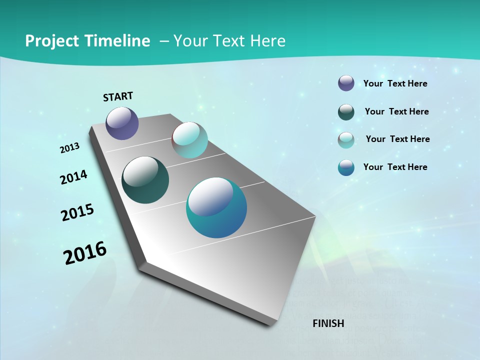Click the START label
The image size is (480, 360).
coord(118,96)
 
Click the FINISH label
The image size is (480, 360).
coord(328,323)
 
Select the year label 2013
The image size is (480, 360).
coord(69,148)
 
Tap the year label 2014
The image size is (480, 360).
coord(73,177)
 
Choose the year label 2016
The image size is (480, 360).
coord(85,253)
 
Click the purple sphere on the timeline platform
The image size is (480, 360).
coord(122,123)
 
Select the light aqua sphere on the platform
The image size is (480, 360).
coord(189,140)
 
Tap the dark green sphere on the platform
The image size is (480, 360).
coord(145,180)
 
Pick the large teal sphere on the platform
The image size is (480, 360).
coord(216,207)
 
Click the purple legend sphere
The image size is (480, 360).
coord(346,83)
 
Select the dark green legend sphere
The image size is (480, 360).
coord(346,112)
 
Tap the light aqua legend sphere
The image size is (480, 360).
coord(346,140)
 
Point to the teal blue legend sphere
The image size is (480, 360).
coord(346,167)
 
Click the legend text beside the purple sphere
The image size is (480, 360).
coord(395,83)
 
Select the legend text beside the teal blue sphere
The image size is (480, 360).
coord(395,167)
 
